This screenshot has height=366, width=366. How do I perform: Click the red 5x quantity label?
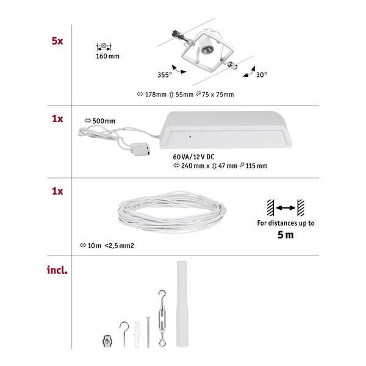pyautogui.click(x=57, y=41)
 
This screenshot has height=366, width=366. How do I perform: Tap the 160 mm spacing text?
pyautogui.click(x=107, y=56)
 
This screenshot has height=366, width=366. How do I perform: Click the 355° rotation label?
pyautogui.click(x=165, y=74)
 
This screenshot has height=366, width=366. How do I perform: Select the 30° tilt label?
pyautogui.click(x=262, y=74)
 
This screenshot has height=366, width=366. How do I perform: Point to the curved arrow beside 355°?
pyautogui.click(x=178, y=70)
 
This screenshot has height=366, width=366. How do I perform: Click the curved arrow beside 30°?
pyautogui.click(x=250, y=72)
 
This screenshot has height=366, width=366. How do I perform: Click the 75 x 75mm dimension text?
pyautogui.click(x=218, y=95)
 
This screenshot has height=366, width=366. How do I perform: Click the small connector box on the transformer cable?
pyautogui.click(x=140, y=149)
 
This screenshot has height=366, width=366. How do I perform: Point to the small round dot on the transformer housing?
pyautogui.click(x=190, y=137)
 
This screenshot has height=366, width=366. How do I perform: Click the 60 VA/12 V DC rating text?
pyautogui.click(x=193, y=157)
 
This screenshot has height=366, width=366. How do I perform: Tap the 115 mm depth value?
pyautogui.click(x=256, y=166)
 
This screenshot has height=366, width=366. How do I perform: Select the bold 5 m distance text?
pyautogui.click(x=285, y=235)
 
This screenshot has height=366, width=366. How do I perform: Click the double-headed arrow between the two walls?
pyautogui.click(x=285, y=208)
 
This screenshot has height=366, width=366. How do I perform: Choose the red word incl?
pyautogui.click(x=57, y=270)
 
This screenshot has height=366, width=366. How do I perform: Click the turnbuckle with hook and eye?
pyautogui.click(x=162, y=318)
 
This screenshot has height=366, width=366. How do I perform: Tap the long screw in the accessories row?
pyautogui.click(x=148, y=332)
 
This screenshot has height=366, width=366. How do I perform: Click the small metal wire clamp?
pyautogui.click(x=107, y=341)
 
